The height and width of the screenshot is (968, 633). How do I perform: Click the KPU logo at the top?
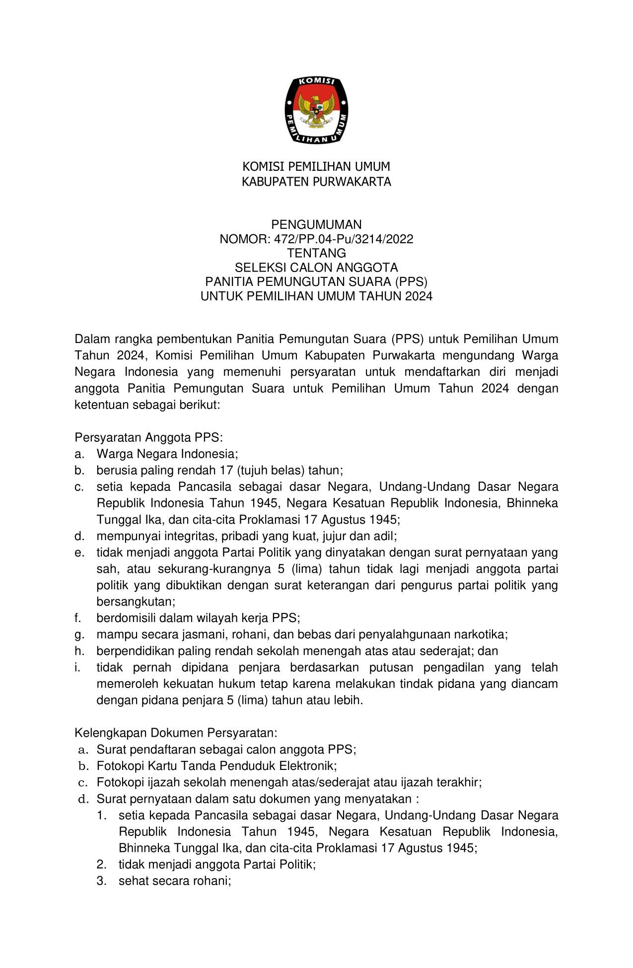pyautogui.click(x=316, y=110)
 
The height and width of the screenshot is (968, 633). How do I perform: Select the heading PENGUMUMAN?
pyautogui.click(x=316, y=225)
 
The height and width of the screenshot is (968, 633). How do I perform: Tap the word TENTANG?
pyautogui.click(x=316, y=254)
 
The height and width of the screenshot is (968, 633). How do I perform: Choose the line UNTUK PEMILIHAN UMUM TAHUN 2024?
pyautogui.click(x=316, y=296)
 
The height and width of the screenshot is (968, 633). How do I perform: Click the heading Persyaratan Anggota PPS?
pyautogui.click(x=149, y=437)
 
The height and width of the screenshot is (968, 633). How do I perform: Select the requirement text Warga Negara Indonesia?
pyautogui.click(x=167, y=454)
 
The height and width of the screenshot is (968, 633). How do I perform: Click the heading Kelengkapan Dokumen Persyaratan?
pyautogui.click(x=176, y=733)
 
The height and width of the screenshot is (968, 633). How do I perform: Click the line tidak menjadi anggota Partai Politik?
pyautogui.click(x=217, y=864)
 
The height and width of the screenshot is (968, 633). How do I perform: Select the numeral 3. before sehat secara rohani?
pyautogui.click(x=102, y=881)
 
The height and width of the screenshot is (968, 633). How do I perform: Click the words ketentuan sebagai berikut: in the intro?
pyautogui.click(x=147, y=405)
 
